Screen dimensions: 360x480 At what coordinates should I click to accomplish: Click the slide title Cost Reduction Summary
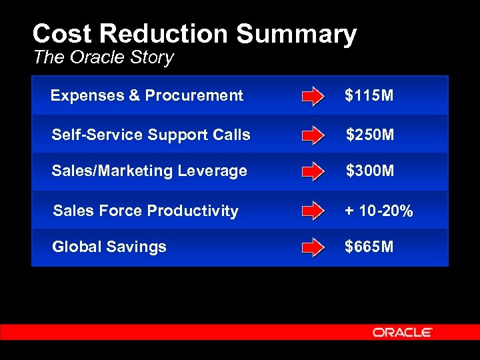(x=194, y=35)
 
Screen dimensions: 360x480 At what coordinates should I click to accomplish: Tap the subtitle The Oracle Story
(x=103, y=57)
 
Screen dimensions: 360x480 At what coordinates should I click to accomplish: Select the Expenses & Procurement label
(x=147, y=96)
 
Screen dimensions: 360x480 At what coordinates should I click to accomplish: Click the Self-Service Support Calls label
(x=151, y=135)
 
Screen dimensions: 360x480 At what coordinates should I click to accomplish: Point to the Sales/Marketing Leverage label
(x=149, y=171)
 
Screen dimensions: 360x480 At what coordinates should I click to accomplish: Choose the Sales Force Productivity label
(x=145, y=211)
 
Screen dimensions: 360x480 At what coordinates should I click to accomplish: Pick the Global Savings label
(x=109, y=247)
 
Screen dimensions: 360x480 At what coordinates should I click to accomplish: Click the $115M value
(x=369, y=96)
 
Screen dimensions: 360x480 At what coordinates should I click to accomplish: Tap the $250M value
(x=370, y=135)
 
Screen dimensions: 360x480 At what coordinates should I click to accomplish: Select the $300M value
(x=370, y=171)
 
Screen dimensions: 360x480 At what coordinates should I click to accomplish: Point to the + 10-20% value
(x=379, y=211)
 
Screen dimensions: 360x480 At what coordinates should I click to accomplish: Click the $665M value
(x=369, y=247)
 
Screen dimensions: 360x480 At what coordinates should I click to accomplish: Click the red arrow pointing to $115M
(x=313, y=97)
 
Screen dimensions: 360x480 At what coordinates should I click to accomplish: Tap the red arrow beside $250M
(x=313, y=136)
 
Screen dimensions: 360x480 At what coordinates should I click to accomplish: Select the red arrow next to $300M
(x=313, y=173)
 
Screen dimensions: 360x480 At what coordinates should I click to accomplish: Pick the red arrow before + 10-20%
(x=313, y=212)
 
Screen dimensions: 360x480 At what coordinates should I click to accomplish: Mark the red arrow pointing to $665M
(x=313, y=249)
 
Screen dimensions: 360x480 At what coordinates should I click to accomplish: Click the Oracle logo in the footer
(x=403, y=332)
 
